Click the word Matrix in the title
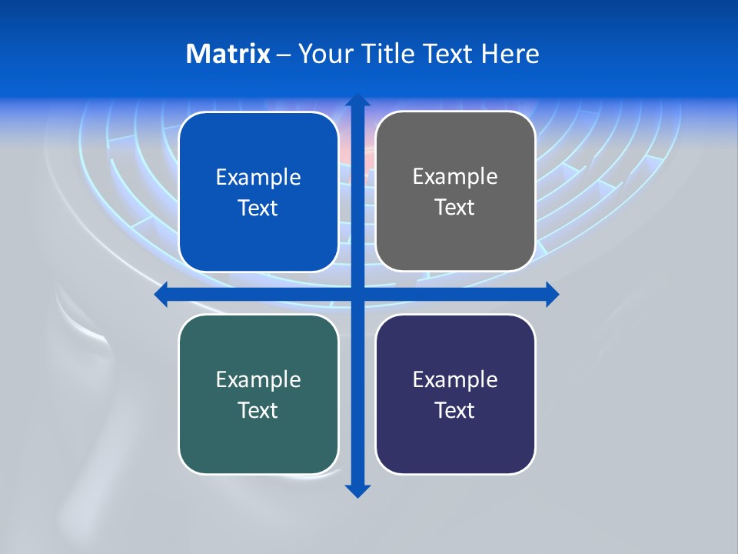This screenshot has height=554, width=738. coord(228,54)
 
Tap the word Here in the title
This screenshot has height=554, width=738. coord(510,54)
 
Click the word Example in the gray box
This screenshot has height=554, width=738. coord(455,177)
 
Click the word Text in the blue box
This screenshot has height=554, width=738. coord(258,209)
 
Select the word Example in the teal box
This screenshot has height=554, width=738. coord(258,379)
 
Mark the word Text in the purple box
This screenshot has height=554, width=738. coord(455,411)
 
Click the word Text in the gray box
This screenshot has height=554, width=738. coord(455,208)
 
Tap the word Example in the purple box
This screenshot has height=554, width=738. coord(455,379)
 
